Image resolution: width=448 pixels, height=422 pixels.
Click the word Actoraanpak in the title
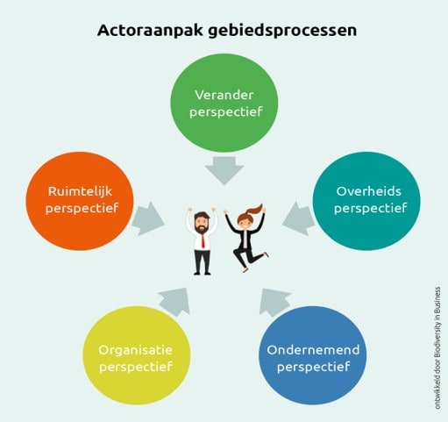(150, 31)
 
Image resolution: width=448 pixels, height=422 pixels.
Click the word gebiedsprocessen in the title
(282, 32)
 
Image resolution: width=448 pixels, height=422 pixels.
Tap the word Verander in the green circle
(224, 95)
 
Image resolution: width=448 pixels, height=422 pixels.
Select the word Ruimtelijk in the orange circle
(80, 192)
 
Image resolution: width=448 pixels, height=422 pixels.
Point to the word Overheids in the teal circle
(368, 191)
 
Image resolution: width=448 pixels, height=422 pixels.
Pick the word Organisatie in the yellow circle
(135, 350)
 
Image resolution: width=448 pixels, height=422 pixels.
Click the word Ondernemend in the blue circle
(313, 350)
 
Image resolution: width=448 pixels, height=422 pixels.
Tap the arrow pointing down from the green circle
(224, 170)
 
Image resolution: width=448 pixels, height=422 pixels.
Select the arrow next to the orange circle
(147, 218)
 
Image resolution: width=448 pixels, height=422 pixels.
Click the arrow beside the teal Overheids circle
(299, 218)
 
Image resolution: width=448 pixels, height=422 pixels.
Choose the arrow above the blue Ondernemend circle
(274, 302)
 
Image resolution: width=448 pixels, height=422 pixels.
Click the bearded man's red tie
(203, 240)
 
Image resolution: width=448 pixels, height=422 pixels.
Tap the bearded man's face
(202, 224)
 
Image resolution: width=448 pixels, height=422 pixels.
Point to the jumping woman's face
(244, 223)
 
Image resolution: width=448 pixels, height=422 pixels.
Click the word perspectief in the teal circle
(371, 209)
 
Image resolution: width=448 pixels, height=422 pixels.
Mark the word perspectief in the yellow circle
(136, 368)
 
